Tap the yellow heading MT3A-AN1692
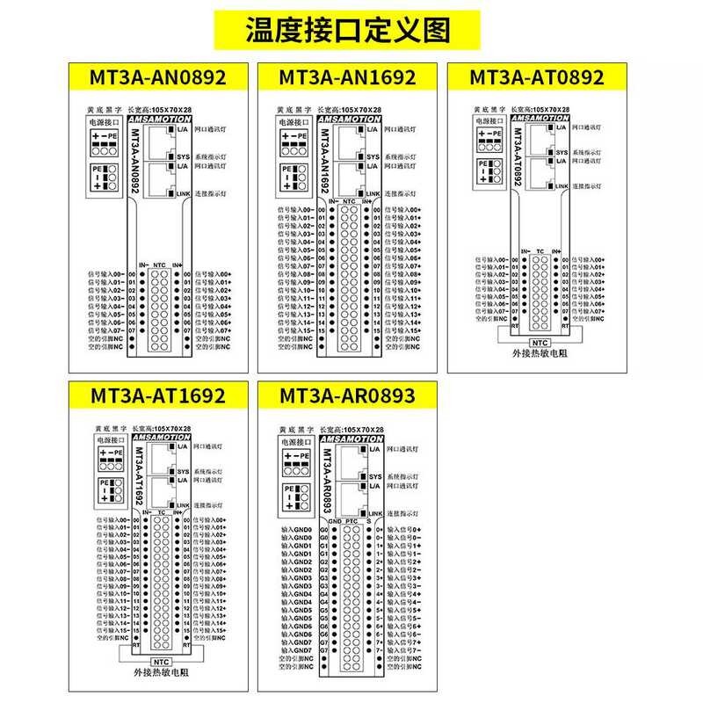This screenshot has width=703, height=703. [347, 76]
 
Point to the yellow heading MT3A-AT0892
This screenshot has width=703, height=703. [537, 76]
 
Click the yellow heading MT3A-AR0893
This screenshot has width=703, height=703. [347, 396]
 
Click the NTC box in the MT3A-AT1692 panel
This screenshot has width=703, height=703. [161, 662]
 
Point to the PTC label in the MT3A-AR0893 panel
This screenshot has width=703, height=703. [351, 521]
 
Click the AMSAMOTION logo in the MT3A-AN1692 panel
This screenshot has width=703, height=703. [349, 118]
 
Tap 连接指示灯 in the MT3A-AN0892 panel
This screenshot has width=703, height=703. [210, 193]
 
